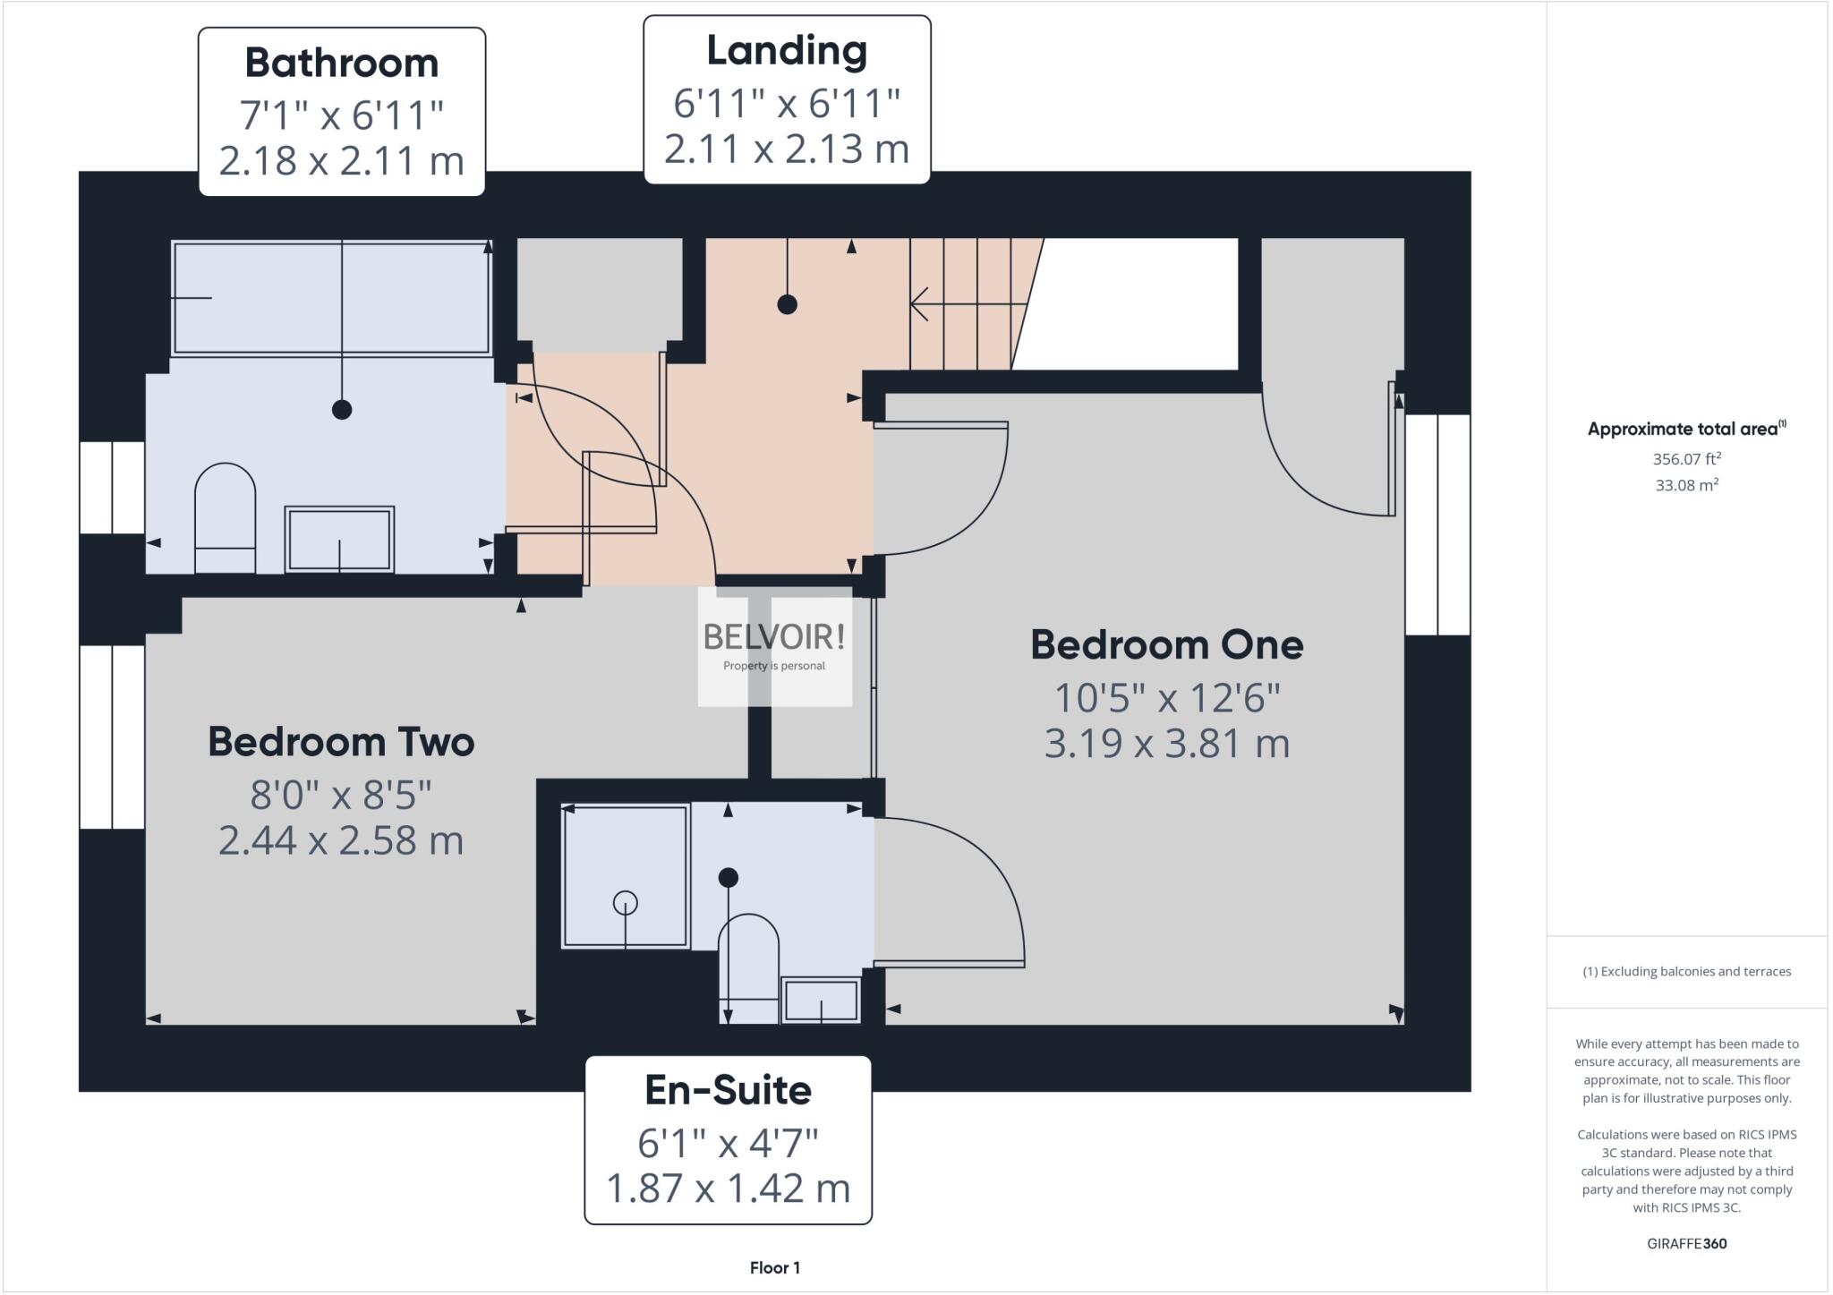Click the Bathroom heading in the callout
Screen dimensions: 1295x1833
(341, 64)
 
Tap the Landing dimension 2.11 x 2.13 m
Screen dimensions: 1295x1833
(786, 149)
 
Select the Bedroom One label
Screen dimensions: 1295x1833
(1166, 645)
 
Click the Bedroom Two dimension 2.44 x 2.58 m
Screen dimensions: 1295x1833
(341, 840)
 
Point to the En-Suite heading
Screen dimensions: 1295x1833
(728, 1090)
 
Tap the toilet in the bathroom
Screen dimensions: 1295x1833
(225, 516)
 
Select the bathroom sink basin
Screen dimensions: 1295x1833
(339, 539)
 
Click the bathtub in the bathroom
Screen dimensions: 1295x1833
(331, 298)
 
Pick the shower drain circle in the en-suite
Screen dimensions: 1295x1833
(625, 903)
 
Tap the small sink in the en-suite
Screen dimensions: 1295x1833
(821, 1000)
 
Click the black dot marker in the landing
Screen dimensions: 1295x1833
(787, 304)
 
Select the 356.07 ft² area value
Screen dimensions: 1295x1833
(1686, 459)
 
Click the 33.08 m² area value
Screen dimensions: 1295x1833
(1686, 486)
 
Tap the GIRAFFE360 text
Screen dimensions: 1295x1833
(1686, 1243)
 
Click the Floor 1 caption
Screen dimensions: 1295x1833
(774, 1267)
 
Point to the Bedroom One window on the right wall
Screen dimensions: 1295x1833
(1437, 524)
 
